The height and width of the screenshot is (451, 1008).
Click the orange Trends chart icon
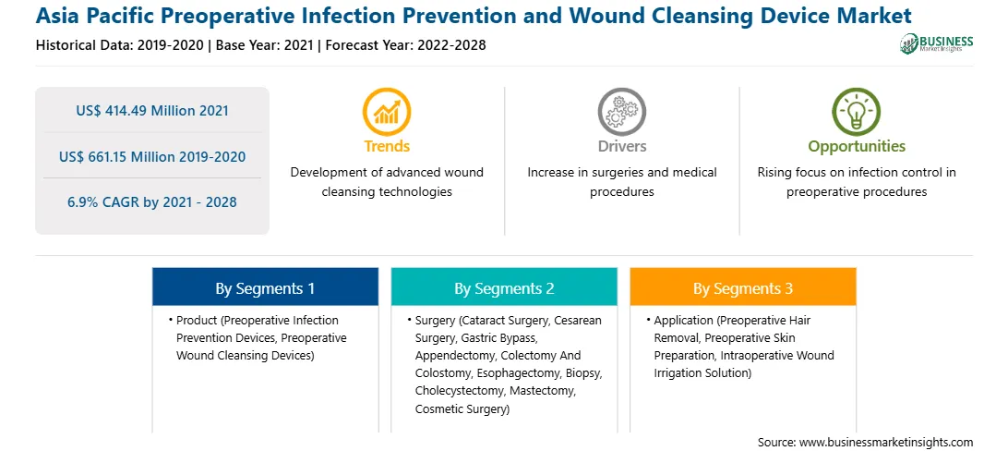(387, 111)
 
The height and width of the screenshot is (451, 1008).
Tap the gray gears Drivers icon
(621, 111)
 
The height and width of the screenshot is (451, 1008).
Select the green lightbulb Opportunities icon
(857, 111)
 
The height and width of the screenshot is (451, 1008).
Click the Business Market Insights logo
(937, 43)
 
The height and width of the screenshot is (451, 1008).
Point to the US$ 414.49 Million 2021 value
(152, 111)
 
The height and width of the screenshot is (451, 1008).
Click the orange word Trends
(387, 146)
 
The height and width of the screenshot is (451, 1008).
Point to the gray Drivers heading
(621, 146)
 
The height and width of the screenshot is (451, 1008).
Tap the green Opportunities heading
(857, 147)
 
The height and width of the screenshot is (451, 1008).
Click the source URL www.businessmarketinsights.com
(886, 442)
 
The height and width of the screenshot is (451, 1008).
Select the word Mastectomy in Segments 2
(549, 391)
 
